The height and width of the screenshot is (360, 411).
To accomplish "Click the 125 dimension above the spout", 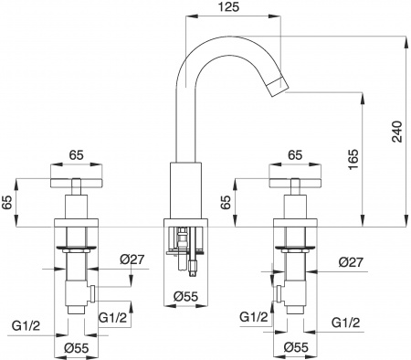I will click(231, 8).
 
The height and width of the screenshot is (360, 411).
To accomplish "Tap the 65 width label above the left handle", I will click(79, 156).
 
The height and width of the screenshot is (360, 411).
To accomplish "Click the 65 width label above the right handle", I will click(296, 156).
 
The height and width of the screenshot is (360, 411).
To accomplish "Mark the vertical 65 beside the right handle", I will click(227, 199).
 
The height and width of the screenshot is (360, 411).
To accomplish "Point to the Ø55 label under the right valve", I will click(295, 348).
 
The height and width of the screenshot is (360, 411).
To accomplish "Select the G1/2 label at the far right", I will click(344, 323).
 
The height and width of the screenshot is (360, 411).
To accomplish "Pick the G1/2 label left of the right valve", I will click(254, 317).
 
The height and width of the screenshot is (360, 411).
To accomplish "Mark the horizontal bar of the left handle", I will click(79, 180).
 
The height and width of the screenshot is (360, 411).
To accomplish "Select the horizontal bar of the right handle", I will click(296, 180).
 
